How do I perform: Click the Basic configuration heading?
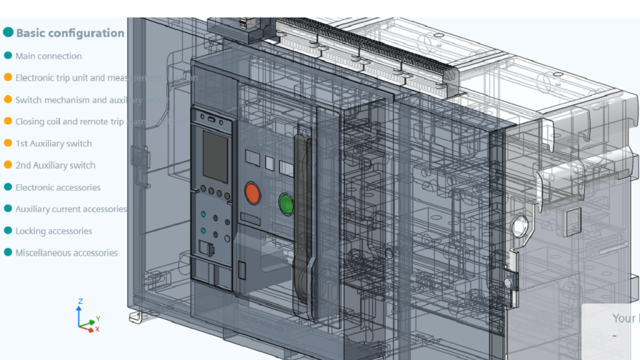(x=70, y=33)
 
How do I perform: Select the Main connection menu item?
(x=48, y=56)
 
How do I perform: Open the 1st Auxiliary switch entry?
(x=53, y=144)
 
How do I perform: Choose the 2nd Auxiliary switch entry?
(x=55, y=166)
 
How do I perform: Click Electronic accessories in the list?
(x=57, y=187)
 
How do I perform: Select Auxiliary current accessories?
(x=71, y=209)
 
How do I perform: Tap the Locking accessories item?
(x=53, y=231)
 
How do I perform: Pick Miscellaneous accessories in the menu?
(x=66, y=253)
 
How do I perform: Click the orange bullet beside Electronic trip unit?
(x=8, y=77)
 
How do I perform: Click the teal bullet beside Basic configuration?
(x=9, y=31)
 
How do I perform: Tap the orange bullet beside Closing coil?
(x=8, y=121)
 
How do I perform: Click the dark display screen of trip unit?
(x=215, y=156)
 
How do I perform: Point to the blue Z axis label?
(x=80, y=302)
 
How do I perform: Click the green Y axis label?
(x=99, y=318)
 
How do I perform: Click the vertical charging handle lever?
(x=302, y=219)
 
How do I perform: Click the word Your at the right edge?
(x=623, y=318)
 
